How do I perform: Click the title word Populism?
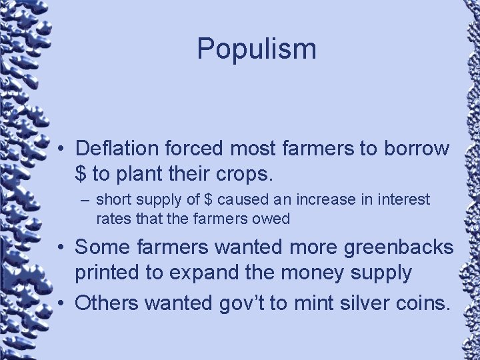[x=257, y=49]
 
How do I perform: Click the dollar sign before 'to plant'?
[x=81, y=174]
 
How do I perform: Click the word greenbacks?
[x=399, y=247]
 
